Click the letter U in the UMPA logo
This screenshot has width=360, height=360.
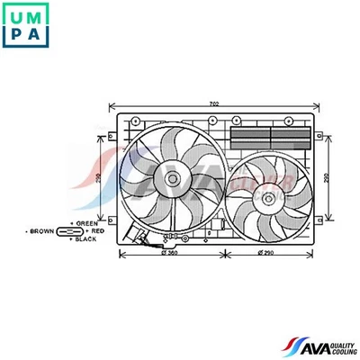point(14,13)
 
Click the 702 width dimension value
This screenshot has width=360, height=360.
point(215,103)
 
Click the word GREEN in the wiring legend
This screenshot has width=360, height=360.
point(87,222)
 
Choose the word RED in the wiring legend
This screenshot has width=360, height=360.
point(97,231)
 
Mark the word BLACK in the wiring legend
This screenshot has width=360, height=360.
point(87,240)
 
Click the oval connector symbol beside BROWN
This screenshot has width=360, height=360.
point(68,231)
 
